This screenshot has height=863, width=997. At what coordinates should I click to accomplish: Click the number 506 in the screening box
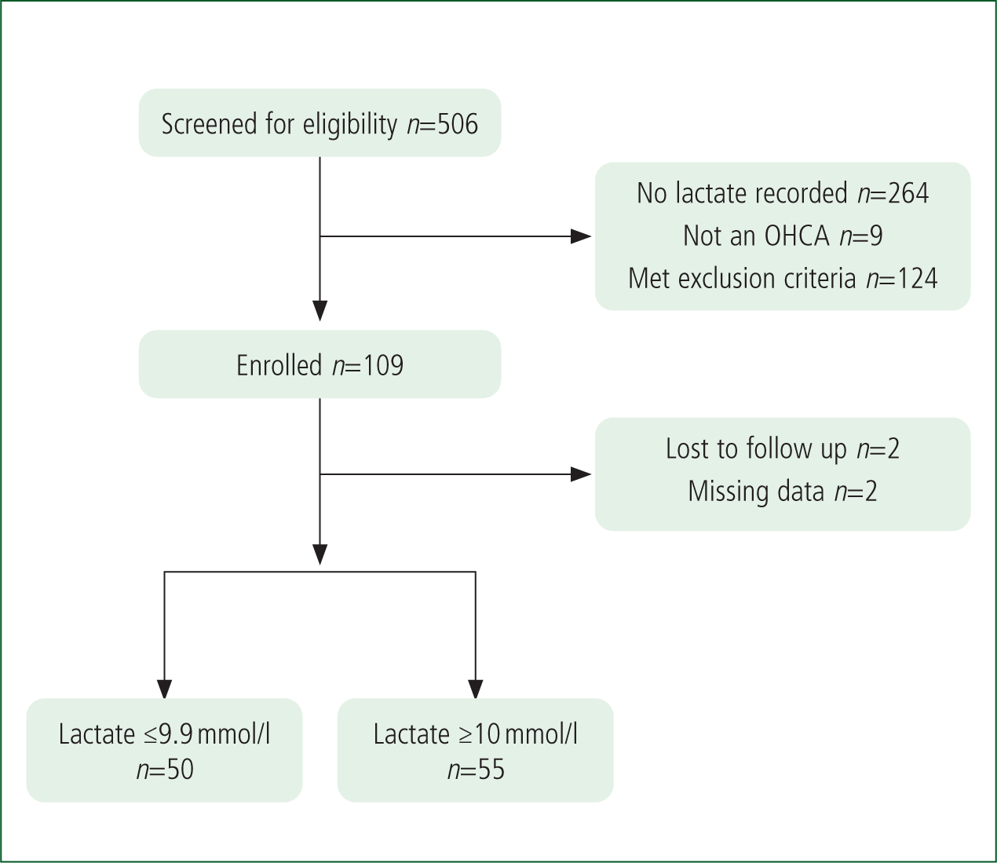pyautogui.click(x=457, y=124)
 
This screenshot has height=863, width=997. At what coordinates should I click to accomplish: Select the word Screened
pyautogui.click(x=210, y=124)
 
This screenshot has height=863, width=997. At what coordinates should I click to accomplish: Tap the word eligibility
pyautogui.click(x=349, y=124)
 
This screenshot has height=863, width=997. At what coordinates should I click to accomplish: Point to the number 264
pyautogui.click(x=908, y=193)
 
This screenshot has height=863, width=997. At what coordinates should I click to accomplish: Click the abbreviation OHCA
pyautogui.click(x=798, y=236)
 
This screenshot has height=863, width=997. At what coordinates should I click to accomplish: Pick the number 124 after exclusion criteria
pyautogui.click(x=916, y=278)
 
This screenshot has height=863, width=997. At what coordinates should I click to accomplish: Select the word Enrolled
pyautogui.click(x=279, y=365)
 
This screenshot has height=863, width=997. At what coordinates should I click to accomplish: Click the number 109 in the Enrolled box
pyautogui.click(x=382, y=365)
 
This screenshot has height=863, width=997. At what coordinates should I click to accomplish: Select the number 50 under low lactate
pyautogui.click(x=180, y=770)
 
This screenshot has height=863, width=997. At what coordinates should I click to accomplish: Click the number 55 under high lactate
pyautogui.click(x=491, y=770)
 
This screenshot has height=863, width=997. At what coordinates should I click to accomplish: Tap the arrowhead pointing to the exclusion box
pyautogui.click(x=581, y=236)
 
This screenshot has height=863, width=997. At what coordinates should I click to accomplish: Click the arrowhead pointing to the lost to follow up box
pyautogui.click(x=581, y=474)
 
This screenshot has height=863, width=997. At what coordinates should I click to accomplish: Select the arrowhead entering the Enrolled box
pyautogui.click(x=320, y=311)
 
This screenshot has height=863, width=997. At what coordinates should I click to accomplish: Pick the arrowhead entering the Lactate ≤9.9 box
pyautogui.click(x=165, y=689)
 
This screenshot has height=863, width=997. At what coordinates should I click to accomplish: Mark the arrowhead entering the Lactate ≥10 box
pyautogui.click(x=476, y=689)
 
